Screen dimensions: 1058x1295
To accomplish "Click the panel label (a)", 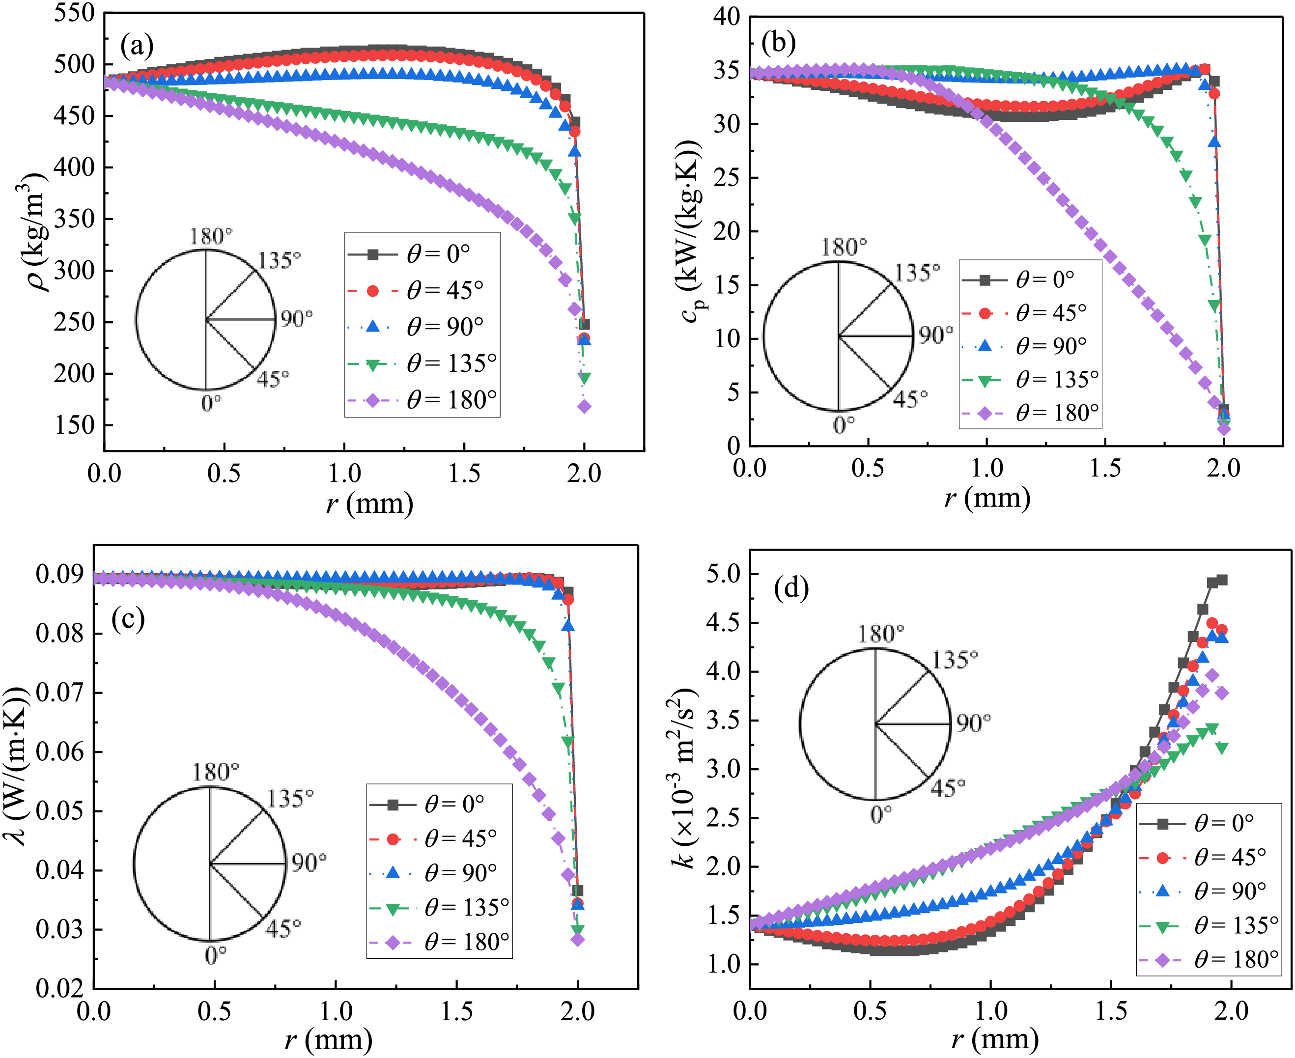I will (x=137, y=46).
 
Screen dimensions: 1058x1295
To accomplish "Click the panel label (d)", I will (x=791, y=588).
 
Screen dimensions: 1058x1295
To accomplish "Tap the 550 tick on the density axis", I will (x=74, y=13).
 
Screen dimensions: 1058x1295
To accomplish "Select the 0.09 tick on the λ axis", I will (x=59, y=574).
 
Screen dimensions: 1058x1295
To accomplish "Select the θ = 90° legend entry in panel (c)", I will (x=439, y=873).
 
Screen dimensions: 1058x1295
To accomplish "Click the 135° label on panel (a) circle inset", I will (x=279, y=260).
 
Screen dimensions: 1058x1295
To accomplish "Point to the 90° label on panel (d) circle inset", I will (x=973, y=723).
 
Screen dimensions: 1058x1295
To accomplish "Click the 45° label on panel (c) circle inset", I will (x=283, y=929).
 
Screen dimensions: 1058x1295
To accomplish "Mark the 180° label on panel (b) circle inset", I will (x=844, y=248).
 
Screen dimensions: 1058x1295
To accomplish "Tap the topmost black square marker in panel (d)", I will (x=1221, y=580).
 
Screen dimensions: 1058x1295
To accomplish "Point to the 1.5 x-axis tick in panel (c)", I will (x=456, y=1012).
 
